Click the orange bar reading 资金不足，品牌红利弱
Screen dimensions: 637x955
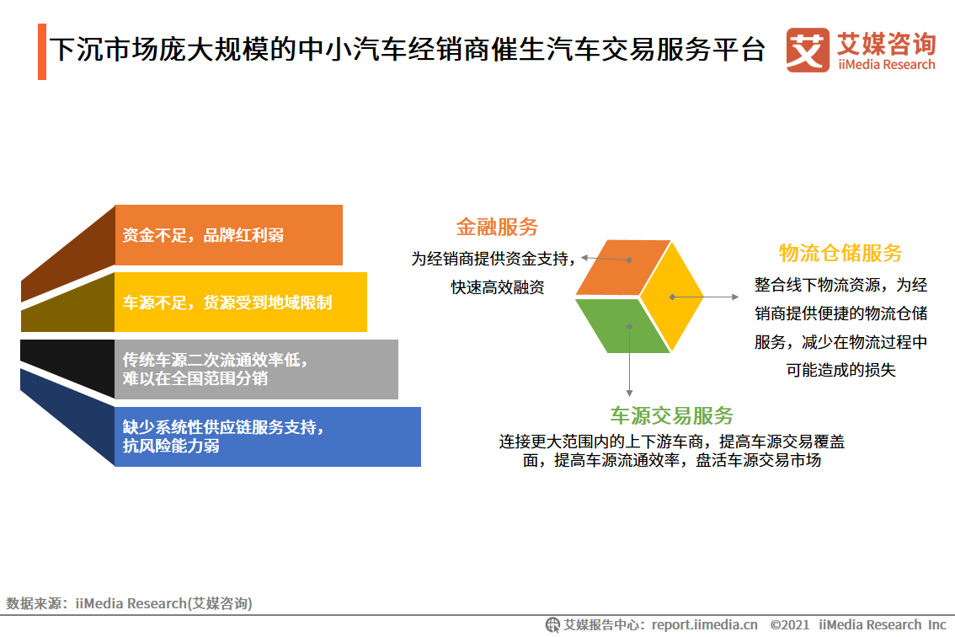(228, 235)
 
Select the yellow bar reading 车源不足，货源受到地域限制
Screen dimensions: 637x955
(241, 302)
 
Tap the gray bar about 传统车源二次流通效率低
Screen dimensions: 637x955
(256, 369)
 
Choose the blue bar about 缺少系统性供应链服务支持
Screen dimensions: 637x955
(268, 436)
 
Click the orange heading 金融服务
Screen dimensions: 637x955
(497, 227)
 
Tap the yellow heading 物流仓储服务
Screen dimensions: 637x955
(840, 253)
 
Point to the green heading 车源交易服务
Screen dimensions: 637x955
(672, 415)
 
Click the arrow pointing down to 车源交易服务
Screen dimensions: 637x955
(629, 362)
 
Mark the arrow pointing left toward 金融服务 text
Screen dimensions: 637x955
(605, 259)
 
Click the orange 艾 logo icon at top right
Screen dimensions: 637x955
(807, 51)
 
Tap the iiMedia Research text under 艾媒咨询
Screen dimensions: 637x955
(886, 65)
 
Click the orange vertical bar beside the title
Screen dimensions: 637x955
(41, 52)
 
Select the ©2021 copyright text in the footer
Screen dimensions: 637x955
(789, 625)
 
